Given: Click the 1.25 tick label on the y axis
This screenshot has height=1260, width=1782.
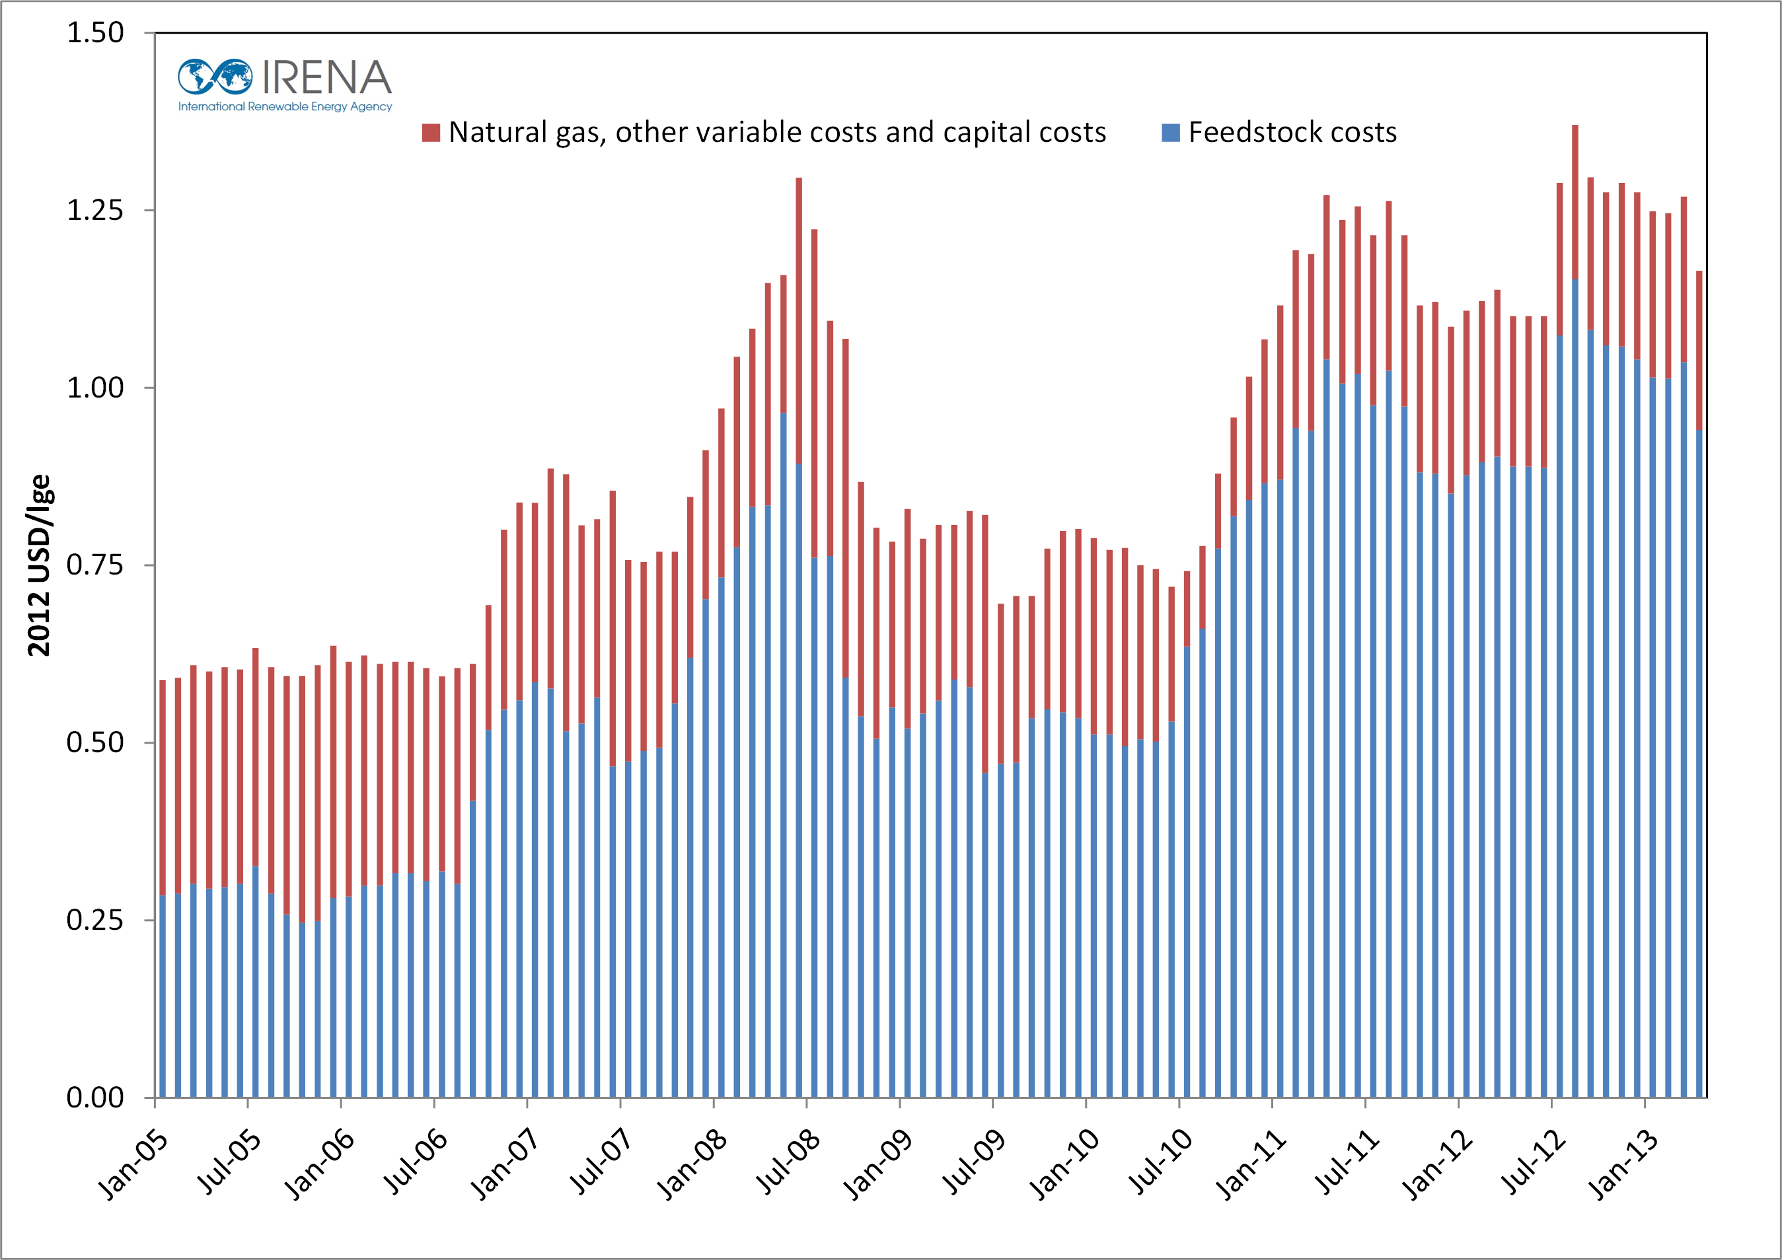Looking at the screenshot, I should pyautogui.click(x=94, y=210).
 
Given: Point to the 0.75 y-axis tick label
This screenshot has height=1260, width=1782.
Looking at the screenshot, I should pyautogui.click(x=94, y=565).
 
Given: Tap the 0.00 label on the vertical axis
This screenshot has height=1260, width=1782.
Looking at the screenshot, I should pyautogui.click(x=94, y=1098).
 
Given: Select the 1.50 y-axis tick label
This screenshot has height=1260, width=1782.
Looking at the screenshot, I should pyautogui.click(x=94, y=32).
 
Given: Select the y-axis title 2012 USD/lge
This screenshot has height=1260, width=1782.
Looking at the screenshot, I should pyautogui.click(x=39, y=565).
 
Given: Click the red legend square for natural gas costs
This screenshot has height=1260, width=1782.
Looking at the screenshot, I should pyautogui.click(x=431, y=133).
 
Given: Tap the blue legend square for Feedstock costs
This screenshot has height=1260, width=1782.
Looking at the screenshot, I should pyautogui.click(x=1170, y=133).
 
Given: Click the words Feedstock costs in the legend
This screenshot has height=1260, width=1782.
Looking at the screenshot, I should pyautogui.click(x=1292, y=133).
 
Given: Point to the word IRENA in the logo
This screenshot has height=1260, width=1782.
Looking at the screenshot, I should pyautogui.click(x=326, y=77).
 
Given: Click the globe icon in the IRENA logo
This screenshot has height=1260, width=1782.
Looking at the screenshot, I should pyautogui.click(x=215, y=77).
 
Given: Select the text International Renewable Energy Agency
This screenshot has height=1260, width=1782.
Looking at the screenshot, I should pyautogui.click(x=285, y=107).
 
